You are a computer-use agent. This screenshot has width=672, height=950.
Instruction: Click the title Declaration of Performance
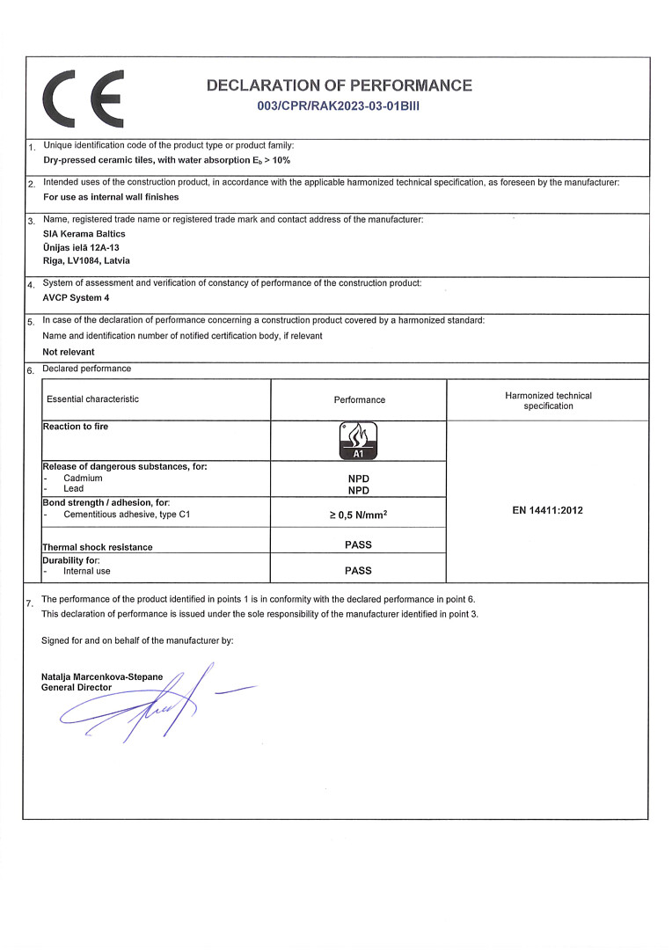tap(339, 85)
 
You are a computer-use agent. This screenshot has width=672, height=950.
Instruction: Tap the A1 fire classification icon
tap(358, 441)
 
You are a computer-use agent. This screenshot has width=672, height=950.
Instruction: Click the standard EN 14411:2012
tap(547, 510)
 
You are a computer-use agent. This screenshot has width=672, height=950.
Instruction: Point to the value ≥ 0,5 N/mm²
tap(358, 515)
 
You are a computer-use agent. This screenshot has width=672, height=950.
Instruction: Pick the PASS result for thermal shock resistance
tap(358, 544)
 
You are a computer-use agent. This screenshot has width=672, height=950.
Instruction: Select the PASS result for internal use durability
tap(358, 570)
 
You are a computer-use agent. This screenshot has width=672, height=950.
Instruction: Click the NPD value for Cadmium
tap(358, 479)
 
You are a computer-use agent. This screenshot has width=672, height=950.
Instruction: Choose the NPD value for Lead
tap(358, 490)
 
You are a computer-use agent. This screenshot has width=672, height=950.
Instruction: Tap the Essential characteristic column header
tap(92, 399)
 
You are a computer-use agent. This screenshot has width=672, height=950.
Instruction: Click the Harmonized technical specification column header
tap(548, 400)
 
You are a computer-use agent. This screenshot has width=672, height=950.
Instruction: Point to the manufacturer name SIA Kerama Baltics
tap(84, 234)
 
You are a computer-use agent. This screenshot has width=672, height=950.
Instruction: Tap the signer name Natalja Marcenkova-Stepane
tap(102, 676)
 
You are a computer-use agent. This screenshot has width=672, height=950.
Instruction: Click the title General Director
tap(77, 687)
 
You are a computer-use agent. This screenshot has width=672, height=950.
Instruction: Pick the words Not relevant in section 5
tap(69, 351)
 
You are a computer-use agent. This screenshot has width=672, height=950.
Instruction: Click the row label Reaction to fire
tap(76, 427)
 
